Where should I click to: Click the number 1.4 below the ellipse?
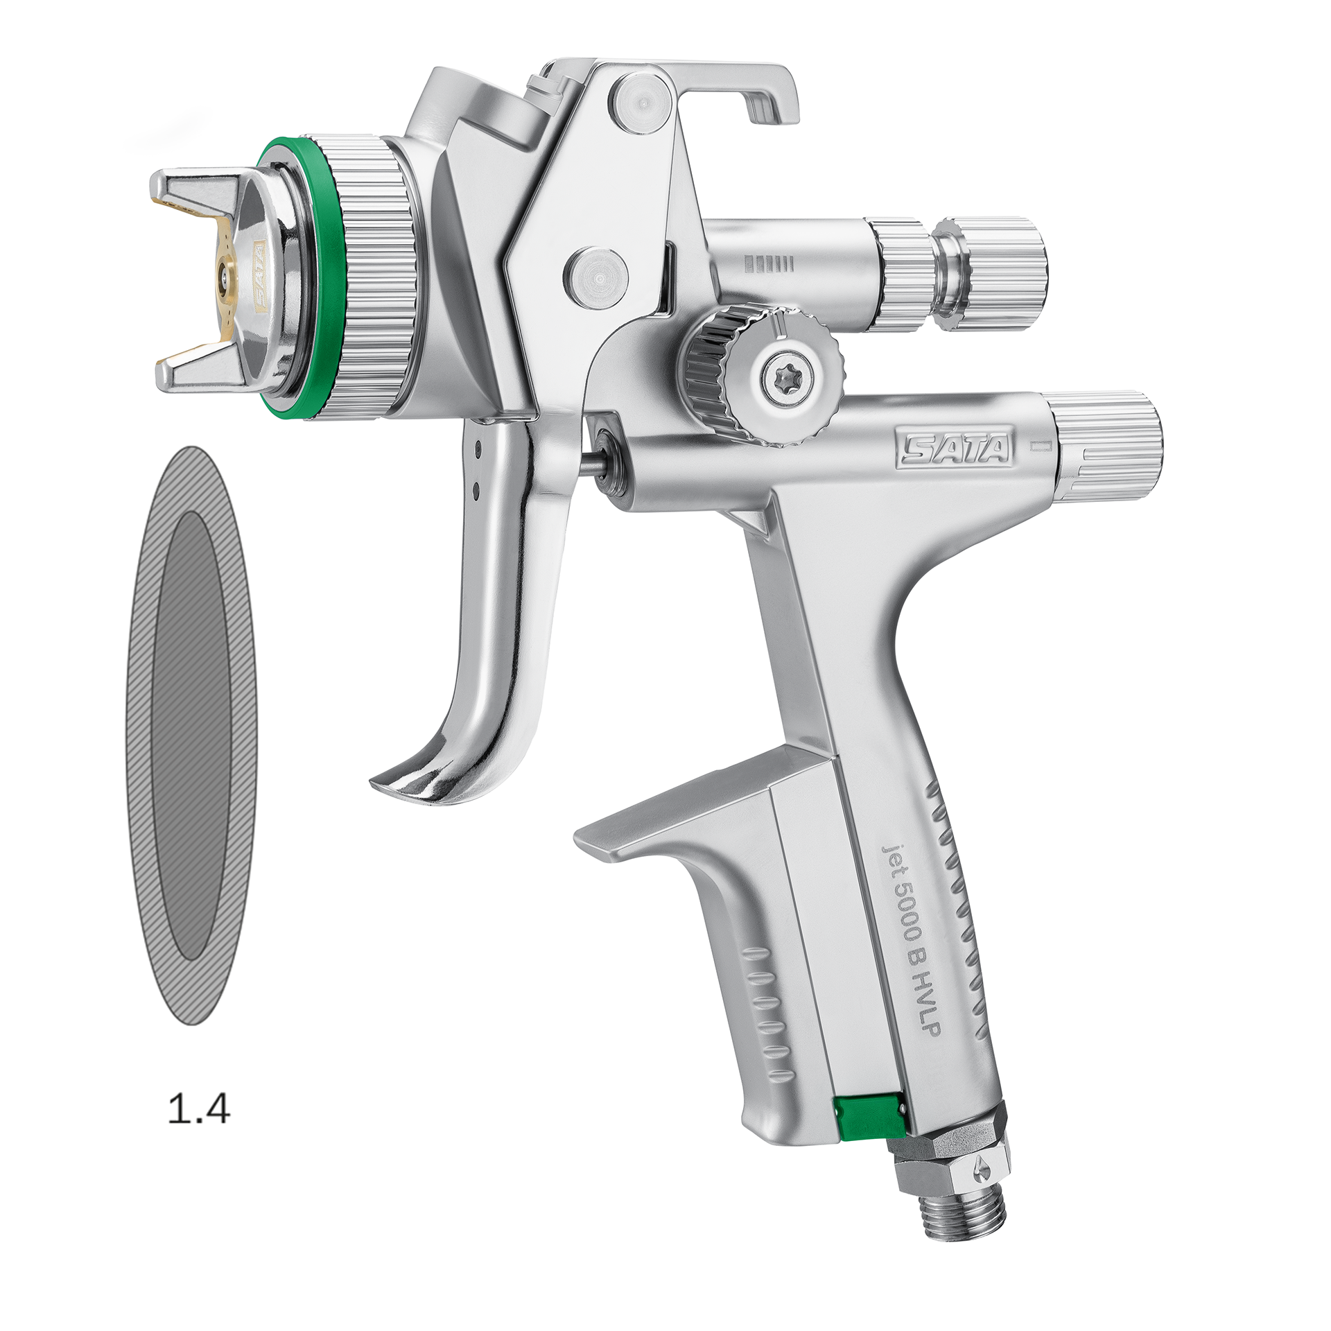[x=199, y=1110]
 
